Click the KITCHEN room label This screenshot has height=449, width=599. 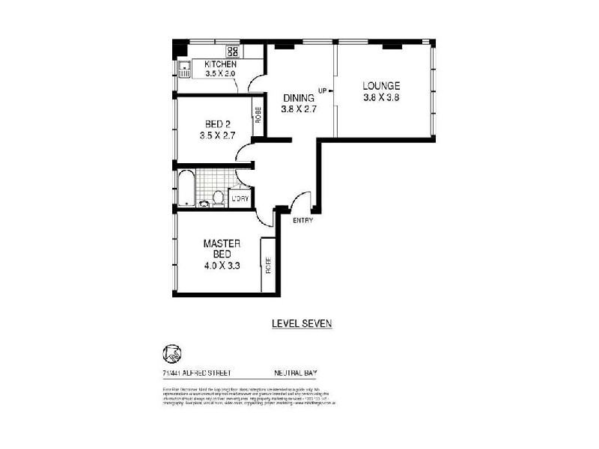point(220,65)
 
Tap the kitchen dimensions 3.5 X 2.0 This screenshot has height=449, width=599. point(220,74)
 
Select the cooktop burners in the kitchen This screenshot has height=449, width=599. point(233,52)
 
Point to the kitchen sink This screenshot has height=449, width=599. point(184,70)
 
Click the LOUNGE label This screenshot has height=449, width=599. point(381,85)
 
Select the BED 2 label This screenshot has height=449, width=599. point(217,125)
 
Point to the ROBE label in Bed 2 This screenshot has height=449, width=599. point(258,116)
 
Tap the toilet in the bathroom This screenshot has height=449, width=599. point(219,198)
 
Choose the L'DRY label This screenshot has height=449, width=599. point(240,198)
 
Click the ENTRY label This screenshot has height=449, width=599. point(302,221)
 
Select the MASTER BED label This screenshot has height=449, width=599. point(221,250)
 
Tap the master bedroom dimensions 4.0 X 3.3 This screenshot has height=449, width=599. point(221,265)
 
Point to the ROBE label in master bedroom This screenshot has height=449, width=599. point(267,265)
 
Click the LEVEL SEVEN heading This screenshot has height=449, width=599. point(300,324)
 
